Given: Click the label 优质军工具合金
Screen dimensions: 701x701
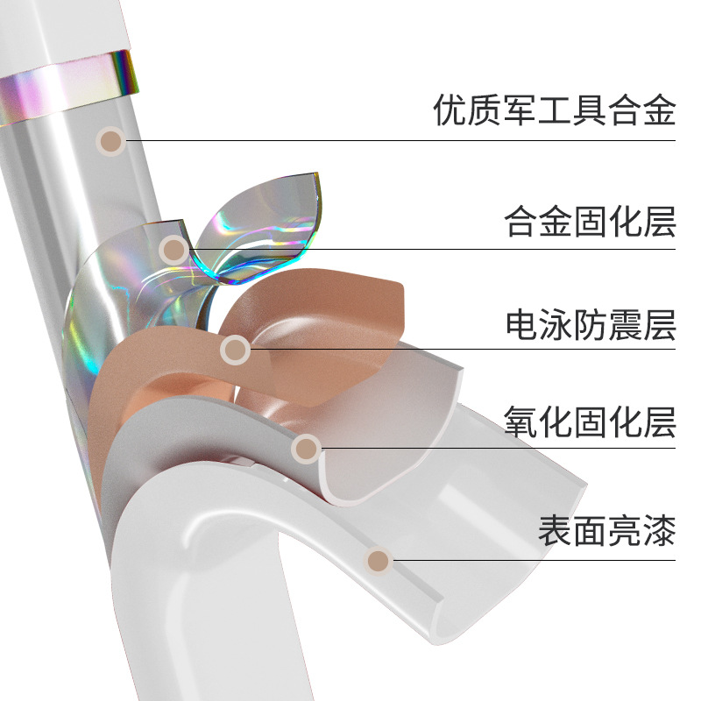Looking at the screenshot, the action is [x=555, y=110].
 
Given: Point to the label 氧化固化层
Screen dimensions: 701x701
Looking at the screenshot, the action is [x=590, y=421].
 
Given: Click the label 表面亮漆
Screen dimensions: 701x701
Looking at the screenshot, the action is [x=606, y=530].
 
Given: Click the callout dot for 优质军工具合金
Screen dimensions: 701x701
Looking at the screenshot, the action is [x=110, y=141].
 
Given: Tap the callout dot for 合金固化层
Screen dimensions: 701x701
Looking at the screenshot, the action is [x=174, y=250].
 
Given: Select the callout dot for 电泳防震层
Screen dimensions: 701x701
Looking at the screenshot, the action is [x=234, y=350].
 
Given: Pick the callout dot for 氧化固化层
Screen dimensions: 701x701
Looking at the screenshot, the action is [x=306, y=449].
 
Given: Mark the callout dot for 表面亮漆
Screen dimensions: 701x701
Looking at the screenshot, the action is [x=378, y=559].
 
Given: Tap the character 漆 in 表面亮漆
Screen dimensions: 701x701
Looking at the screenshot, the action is [x=659, y=530].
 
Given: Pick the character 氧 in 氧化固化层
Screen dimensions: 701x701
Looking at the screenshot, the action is [x=521, y=421].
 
